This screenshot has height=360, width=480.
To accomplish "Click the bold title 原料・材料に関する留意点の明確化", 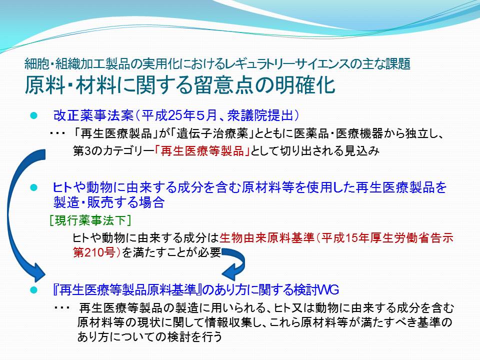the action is pyautogui.click(x=180, y=84).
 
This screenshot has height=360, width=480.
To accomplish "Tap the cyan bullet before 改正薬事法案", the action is pyautogui.click(x=33, y=115).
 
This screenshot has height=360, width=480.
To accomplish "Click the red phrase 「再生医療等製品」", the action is pyautogui.click(x=202, y=151).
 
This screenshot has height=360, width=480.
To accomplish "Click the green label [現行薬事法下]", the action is pyautogui.click(x=90, y=220).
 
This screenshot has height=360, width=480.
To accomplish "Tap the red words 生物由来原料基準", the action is pyautogui.click(x=267, y=238).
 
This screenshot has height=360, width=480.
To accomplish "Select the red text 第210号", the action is pyautogui.click(x=94, y=252).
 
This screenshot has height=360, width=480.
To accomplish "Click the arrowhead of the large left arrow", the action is pyautogui.click(x=38, y=272).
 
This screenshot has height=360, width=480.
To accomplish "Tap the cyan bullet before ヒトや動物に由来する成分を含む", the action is pyautogui.click(x=33, y=187).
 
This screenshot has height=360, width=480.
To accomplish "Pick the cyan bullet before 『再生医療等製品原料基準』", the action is pyautogui.click(x=33, y=290).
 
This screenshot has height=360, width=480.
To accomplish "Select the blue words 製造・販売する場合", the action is pyautogui.click(x=109, y=202).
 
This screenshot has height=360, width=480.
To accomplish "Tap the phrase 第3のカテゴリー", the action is pyautogui.click(x=113, y=151).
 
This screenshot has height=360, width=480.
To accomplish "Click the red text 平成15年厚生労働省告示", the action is pyautogui.click(x=387, y=238).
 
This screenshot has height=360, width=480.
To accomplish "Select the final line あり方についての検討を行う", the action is pyautogui.click(x=149, y=336).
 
